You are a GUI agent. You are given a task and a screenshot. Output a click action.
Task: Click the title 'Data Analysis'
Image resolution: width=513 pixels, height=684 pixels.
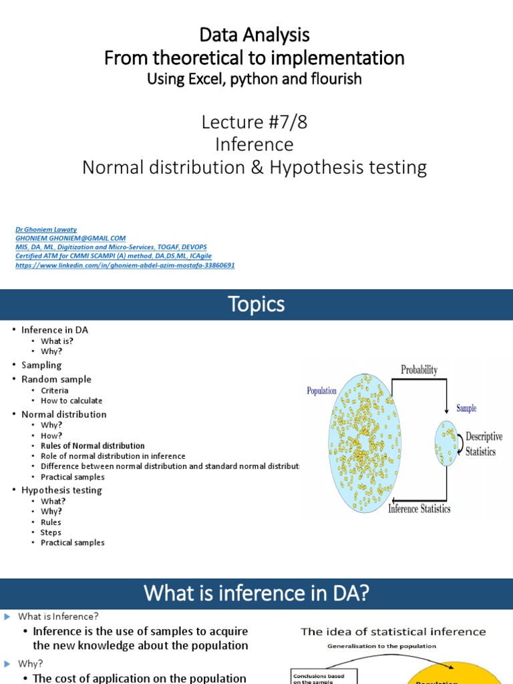(254, 35)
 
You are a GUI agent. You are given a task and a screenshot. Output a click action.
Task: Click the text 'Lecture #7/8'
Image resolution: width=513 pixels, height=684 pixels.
(254, 122)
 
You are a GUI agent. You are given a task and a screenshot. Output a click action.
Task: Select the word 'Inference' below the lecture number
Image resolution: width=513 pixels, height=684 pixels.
(254, 144)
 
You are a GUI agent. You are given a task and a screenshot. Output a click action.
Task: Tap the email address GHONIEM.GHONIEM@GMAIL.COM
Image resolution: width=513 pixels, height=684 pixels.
(70, 238)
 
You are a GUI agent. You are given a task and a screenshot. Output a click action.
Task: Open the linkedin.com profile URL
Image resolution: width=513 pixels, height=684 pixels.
(125, 265)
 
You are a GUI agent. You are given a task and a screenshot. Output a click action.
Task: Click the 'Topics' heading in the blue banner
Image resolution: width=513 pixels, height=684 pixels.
(256, 305)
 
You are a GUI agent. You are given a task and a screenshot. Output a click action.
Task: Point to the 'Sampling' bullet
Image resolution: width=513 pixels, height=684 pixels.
(41, 365)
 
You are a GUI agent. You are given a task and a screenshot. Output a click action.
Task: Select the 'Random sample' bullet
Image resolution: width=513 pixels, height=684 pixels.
(56, 379)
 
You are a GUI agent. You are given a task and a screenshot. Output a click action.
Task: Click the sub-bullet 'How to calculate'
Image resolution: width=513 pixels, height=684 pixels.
(71, 401)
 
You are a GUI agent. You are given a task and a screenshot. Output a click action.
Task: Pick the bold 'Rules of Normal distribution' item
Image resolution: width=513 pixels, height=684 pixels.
(92, 446)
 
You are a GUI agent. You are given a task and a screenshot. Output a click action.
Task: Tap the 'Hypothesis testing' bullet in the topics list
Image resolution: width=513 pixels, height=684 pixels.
(61, 490)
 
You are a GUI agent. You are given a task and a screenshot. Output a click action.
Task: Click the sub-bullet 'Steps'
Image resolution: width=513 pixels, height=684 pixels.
(51, 532)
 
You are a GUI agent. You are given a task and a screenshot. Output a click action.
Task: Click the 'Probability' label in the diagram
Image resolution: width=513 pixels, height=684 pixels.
(419, 369)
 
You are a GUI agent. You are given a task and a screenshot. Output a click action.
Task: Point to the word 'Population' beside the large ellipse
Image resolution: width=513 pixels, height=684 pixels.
(321, 391)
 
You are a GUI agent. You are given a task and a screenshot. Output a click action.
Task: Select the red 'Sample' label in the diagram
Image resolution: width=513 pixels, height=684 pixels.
(466, 408)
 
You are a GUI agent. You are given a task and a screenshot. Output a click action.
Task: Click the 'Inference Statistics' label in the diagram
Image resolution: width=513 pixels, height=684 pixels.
(419, 509)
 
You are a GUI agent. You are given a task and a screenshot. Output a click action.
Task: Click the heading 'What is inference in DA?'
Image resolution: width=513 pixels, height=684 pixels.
(256, 593)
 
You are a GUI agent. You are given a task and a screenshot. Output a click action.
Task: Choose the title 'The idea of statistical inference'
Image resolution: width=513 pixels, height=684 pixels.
(393, 632)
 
